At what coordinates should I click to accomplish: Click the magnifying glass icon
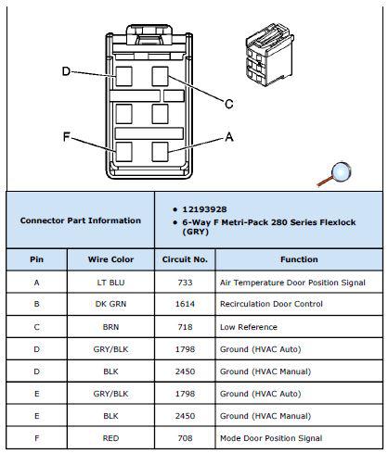pos(335,174)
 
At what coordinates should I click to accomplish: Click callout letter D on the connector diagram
pos(67,71)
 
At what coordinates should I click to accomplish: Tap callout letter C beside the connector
pos(229,104)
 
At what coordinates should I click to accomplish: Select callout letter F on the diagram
pos(67,136)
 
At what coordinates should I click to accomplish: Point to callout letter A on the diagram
pos(229,136)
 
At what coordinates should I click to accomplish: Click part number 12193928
pos(204,209)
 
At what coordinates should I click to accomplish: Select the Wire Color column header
pos(110,259)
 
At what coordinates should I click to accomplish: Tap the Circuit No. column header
pos(185,259)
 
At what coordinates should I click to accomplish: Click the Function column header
pos(299,259)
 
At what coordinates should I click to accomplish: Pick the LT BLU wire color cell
pos(110,283)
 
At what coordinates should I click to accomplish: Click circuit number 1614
pos(185,304)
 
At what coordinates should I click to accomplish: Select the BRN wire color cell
pos(110,327)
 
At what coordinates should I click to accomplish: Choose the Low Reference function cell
pos(249,327)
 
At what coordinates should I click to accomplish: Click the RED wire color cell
pos(110,438)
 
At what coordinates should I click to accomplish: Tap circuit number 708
pos(185,438)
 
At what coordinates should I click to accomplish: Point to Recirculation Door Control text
pos(271,304)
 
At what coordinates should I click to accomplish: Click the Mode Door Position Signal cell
pos(271,438)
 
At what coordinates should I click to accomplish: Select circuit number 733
pos(185,283)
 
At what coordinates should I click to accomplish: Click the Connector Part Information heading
pos(81,220)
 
